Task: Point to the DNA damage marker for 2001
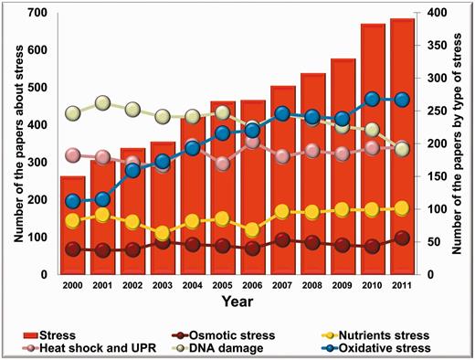(x=103, y=103)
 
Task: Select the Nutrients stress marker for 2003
(x=162, y=233)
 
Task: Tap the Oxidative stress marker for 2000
(x=74, y=201)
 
